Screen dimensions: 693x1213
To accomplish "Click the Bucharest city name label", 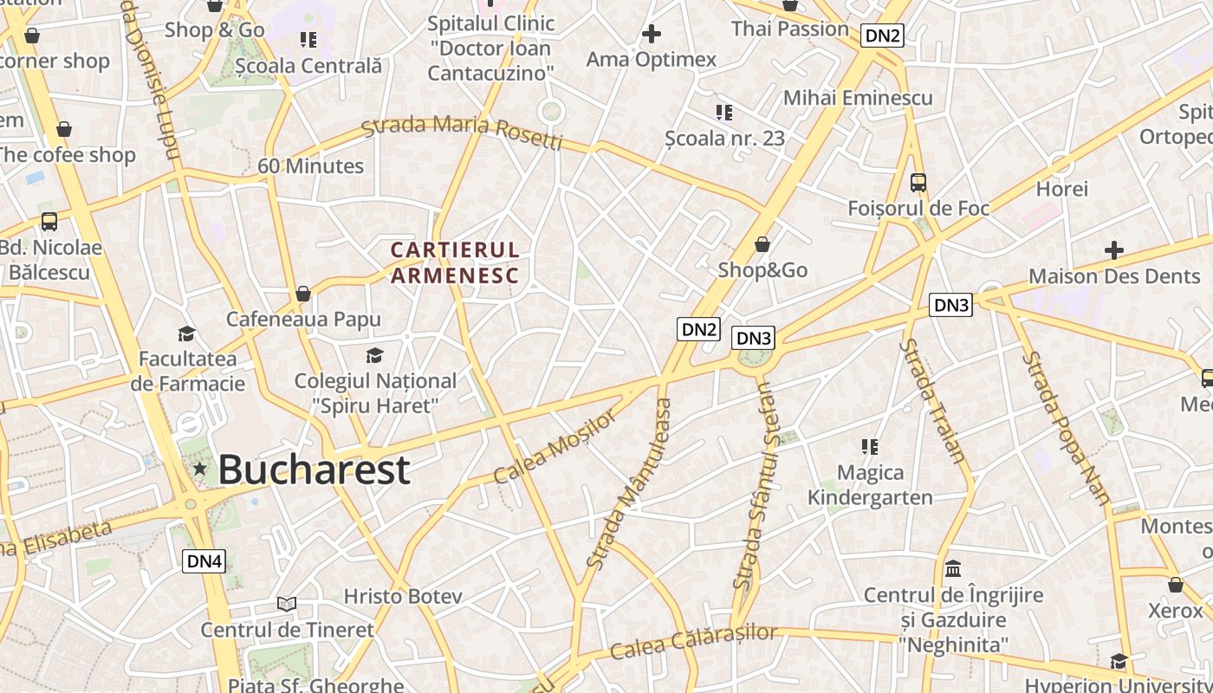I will [313, 470].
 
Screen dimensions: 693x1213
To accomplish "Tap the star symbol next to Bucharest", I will [200, 469].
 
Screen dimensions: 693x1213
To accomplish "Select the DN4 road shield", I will [205, 561].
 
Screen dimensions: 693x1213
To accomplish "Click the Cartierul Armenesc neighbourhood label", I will [455, 263].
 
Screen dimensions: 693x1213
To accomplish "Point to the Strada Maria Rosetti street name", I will [462, 133].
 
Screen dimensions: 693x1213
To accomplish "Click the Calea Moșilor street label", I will [555, 447].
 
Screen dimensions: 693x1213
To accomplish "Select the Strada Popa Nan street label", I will [1067, 428].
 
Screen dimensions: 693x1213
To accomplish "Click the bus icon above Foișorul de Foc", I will [918, 183].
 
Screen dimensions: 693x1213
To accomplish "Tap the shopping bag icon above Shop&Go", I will [762, 245].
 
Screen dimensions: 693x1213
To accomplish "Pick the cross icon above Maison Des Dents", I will [1114, 251].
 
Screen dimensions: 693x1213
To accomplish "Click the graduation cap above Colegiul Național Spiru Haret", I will [374, 355].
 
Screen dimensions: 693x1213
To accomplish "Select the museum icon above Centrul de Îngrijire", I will [953, 569].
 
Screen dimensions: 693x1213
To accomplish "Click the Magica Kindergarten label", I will [870, 485].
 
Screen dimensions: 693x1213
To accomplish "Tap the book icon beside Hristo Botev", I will [287, 604].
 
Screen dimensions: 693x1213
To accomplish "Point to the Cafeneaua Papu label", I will [303, 319].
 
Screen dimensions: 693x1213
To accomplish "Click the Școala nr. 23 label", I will [724, 138].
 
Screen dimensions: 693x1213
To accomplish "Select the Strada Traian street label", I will [931, 400].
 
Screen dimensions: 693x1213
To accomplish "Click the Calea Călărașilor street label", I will [693, 642].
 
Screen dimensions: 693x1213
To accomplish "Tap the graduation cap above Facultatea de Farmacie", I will [186, 334].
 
